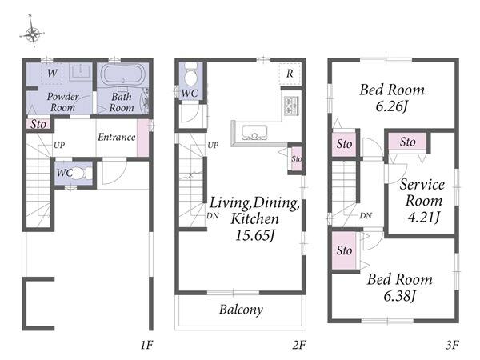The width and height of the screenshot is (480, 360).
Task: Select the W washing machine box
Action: pos(52,73)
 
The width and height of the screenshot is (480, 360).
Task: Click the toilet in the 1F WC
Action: pos(81,174)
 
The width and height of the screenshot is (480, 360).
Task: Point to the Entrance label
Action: pos(117,137)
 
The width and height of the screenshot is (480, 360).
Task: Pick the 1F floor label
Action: pos(146,345)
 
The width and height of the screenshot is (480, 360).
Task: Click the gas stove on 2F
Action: pos(291,106)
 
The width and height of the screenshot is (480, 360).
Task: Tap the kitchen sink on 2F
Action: pos(254,133)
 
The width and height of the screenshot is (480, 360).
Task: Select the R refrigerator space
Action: pos(290,74)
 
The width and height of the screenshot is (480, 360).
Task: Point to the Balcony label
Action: pos(241,310)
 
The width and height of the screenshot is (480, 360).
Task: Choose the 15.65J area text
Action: pos(255,235)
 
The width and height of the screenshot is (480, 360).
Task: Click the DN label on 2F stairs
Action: pos(213,216)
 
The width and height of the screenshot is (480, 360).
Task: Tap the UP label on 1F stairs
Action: pos(59,145)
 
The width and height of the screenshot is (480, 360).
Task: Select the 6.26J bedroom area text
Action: pos(392,106)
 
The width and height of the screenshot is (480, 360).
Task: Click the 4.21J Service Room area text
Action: pos(424,217)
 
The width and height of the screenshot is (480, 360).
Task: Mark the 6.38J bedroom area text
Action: pos(399,296)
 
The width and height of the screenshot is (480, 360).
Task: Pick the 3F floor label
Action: pos(452,345)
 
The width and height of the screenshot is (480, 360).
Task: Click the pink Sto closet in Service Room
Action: pos(407,142)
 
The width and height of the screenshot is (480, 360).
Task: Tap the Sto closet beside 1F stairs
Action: pos(38,124)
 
